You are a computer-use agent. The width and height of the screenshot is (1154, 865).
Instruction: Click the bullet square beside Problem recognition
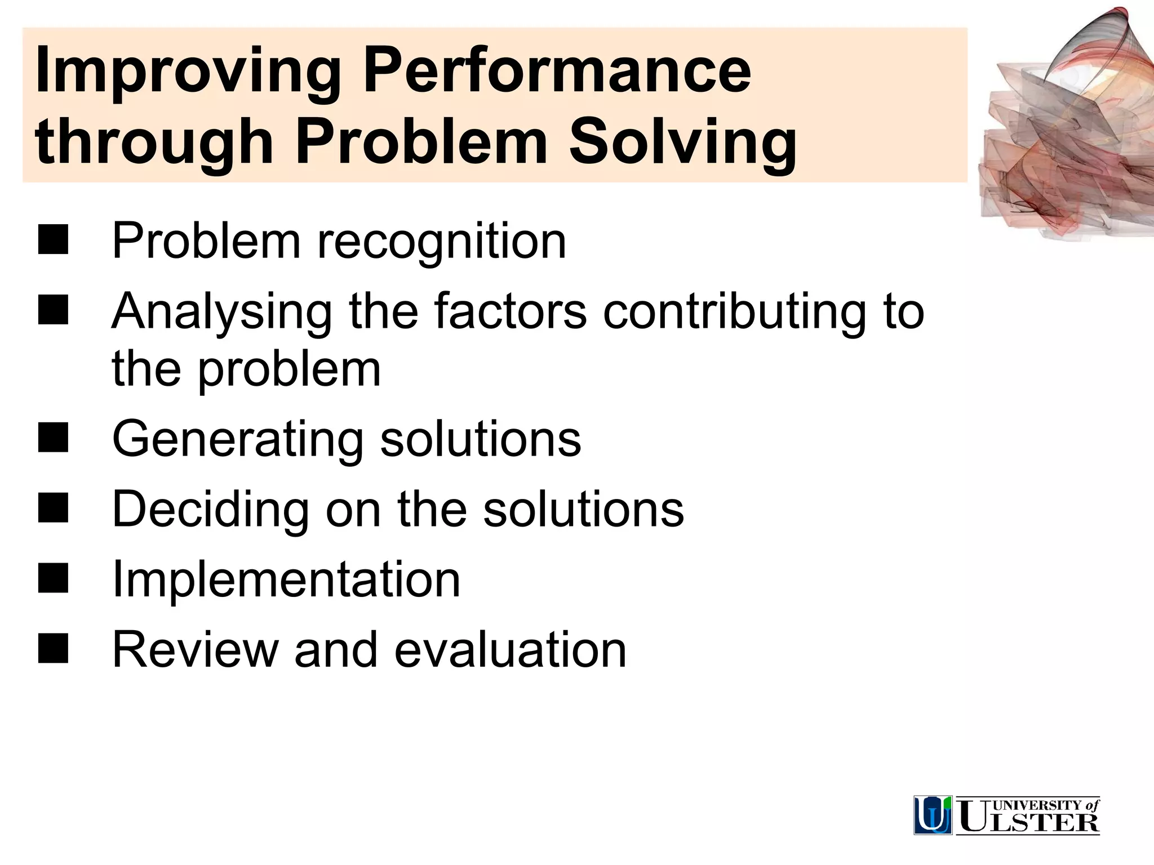53,240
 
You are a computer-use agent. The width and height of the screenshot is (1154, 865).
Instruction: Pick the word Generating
237,439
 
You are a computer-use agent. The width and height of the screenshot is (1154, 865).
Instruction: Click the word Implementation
286,580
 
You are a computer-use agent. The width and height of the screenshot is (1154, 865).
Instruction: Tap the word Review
195,650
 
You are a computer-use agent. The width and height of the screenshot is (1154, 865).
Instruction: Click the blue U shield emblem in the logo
933,815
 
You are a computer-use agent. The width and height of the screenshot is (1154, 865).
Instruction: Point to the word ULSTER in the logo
1029,822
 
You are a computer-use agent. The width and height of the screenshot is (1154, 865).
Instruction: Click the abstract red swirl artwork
1065,130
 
